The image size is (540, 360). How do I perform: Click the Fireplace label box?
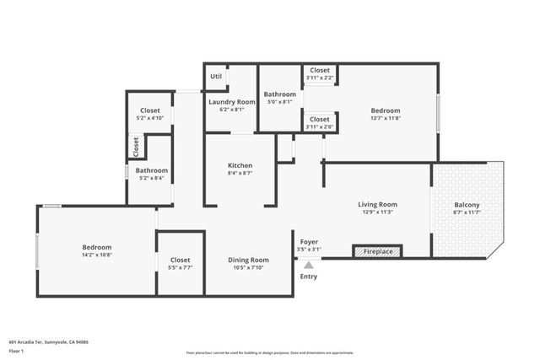pos(377,250)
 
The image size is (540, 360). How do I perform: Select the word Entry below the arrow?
pos(309,277)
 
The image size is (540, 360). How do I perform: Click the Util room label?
pos(216,76)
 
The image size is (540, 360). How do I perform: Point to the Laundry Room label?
pos(231,101)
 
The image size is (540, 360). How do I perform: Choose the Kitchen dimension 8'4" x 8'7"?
pos(240,173)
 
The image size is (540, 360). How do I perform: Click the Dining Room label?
pos(248,260)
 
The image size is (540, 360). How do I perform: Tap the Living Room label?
pos(377,204)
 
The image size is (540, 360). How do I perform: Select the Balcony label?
pos(467,205)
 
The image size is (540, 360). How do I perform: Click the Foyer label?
pos(308,241)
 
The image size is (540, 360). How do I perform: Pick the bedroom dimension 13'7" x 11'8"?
pos(385,118)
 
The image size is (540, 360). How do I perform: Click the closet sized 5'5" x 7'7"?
pos(180,268)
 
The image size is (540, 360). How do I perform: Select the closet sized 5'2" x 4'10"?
pos(149,118)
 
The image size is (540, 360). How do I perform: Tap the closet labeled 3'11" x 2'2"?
pos(320,78)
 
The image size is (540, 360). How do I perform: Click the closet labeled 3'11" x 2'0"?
pos(320,126)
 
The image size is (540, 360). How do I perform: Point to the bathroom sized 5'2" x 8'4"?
pos(152,178)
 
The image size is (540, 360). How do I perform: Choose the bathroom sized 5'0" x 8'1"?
pos(279,102)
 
